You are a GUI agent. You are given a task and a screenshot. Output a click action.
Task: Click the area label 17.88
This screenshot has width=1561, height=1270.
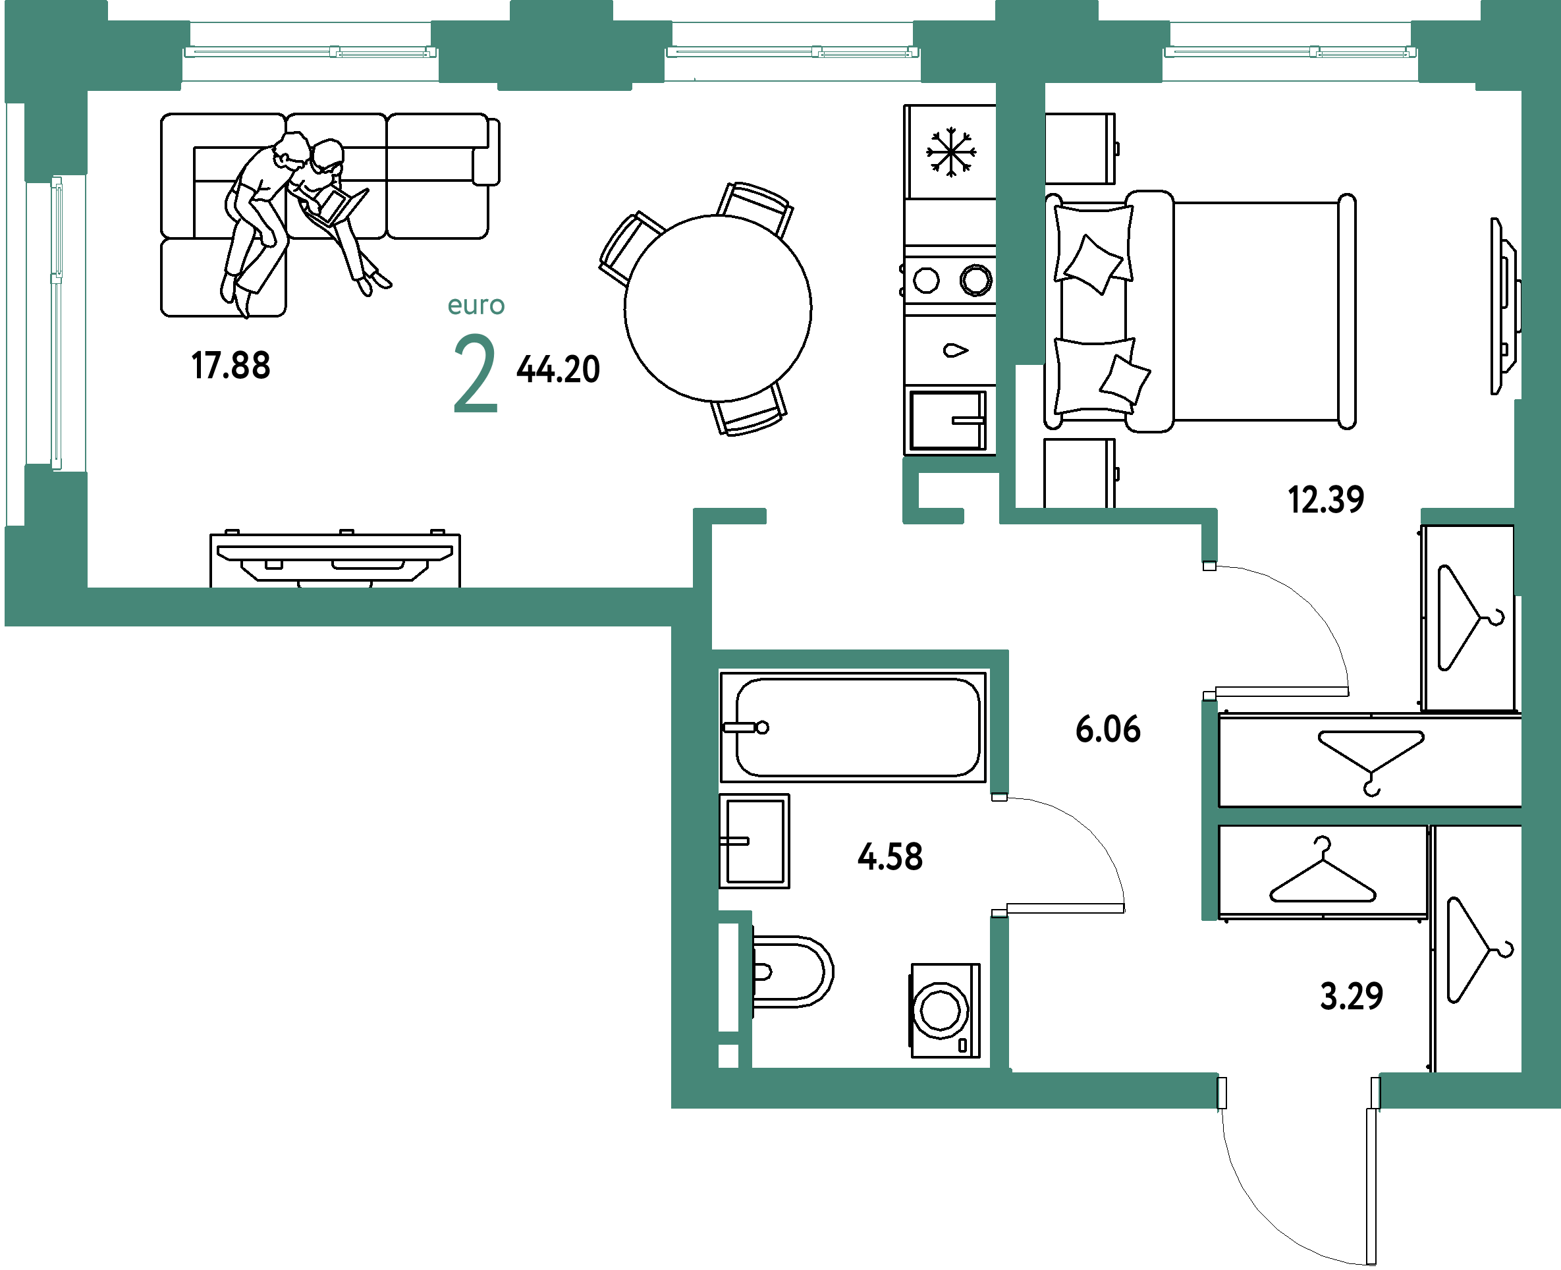tap(231, 365)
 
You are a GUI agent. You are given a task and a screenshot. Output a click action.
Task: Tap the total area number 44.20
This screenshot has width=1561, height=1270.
tap(558, 370)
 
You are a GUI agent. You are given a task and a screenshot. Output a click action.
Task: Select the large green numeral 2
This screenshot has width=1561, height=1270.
tap(476, 373)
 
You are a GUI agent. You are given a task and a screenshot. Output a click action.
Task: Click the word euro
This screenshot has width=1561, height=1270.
tap(476, 305)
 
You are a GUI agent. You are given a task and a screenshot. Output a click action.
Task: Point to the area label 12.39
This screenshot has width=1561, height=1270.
tap(1325, 500)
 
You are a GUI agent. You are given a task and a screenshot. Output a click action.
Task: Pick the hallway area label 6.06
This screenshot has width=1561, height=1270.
tap(1107, 729)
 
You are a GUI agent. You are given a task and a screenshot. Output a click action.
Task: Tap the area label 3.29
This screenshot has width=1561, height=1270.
tap(1352, 996)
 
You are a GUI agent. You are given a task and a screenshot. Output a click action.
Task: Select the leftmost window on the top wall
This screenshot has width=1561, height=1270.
tap(310, 52)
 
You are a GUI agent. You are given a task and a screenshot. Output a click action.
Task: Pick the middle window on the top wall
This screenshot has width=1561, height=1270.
tap(792, 52)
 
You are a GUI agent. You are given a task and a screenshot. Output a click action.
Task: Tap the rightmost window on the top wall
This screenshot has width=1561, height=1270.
tap(1290, 52)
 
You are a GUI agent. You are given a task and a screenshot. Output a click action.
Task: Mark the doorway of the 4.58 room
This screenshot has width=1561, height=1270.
tap(999, 854)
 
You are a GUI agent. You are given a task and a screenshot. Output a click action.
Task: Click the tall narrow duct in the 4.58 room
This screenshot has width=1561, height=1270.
tap(728, 977)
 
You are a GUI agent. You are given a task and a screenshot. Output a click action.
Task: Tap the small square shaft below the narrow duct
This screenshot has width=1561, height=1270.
tap(728, 1056)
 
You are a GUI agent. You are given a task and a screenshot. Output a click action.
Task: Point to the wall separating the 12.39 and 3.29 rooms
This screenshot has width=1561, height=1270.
tap(1368, 815)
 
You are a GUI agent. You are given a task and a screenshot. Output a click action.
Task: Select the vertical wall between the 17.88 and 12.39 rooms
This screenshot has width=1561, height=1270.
tap(1020, 219)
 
